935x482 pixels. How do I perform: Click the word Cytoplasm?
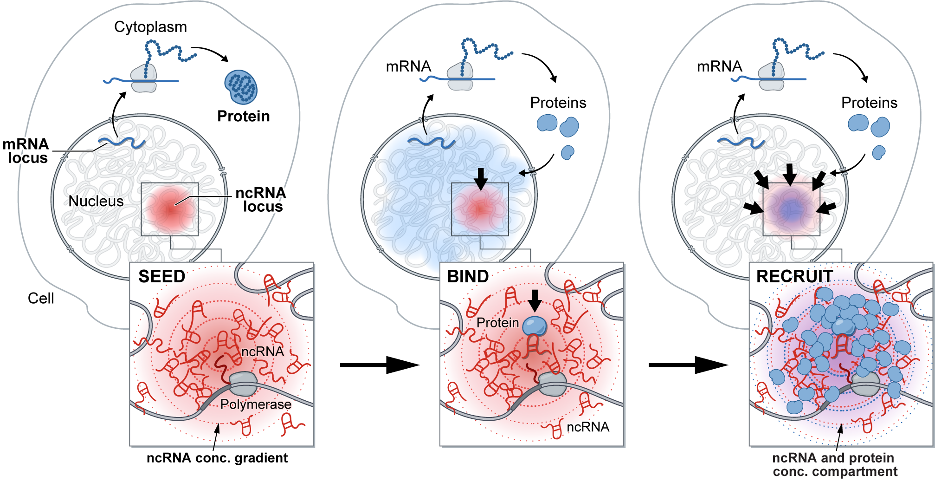150,27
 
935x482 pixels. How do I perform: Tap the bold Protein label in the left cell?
244,116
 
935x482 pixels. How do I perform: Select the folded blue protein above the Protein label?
241,87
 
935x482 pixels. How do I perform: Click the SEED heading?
162,277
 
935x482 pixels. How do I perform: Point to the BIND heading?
468,277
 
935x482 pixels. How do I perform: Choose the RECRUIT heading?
794,277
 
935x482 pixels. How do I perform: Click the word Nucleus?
96,201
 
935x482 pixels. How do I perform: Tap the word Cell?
41,298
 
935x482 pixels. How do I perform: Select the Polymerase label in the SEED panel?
256,404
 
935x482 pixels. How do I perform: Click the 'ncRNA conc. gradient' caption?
217,458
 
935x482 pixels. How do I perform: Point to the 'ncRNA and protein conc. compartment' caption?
834,465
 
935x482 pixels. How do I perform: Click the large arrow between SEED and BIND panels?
379,365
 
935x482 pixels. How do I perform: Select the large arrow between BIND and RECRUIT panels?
688,365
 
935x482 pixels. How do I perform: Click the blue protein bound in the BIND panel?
535,326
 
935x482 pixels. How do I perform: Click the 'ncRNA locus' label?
261,199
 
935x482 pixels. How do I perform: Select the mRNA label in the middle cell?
408,66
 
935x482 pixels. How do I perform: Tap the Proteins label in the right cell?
869,103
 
